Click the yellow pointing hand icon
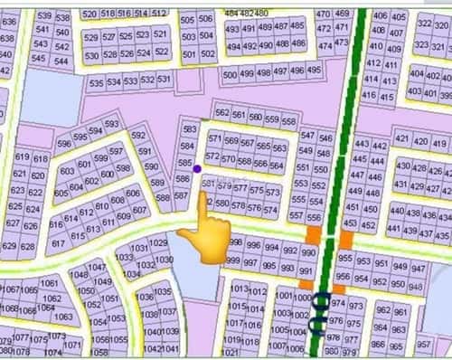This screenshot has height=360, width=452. [x=202, y=231]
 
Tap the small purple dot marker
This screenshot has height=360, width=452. [x=197, y=167]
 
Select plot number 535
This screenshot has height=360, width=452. [x=97, y=82]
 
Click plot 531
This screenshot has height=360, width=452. [x=164, y=80]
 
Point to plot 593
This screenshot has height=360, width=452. [x=112, y=124]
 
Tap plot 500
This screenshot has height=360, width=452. [x=229, y=74]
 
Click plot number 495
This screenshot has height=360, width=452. [x=315, y=69]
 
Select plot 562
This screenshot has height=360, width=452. [x=223, y=113]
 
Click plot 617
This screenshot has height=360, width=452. [x=58, y=243]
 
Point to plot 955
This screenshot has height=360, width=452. [x=343, y=259]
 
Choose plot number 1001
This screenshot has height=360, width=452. [x=282, y=296]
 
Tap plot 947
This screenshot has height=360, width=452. [x=419, y=269]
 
